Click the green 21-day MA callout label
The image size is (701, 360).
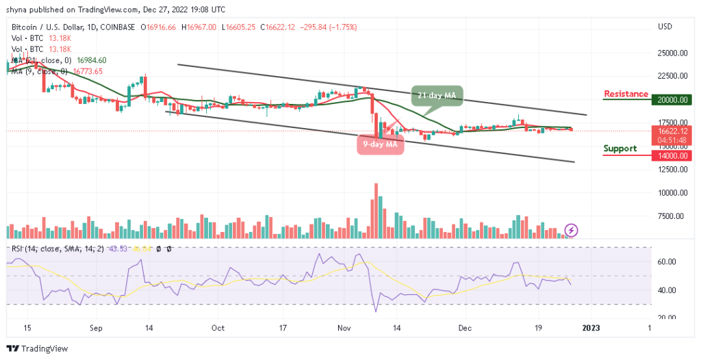coord(437,94)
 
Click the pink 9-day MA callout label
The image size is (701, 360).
coord(379,144)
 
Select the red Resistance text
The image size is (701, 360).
coord(626,94)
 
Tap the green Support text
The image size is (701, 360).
coord(620,149)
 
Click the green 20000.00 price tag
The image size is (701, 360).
coord(674,100)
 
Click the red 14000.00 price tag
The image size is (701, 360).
coord(674,155)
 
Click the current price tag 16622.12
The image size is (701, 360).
coord(674,131)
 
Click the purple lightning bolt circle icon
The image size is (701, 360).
coord(570,231)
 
